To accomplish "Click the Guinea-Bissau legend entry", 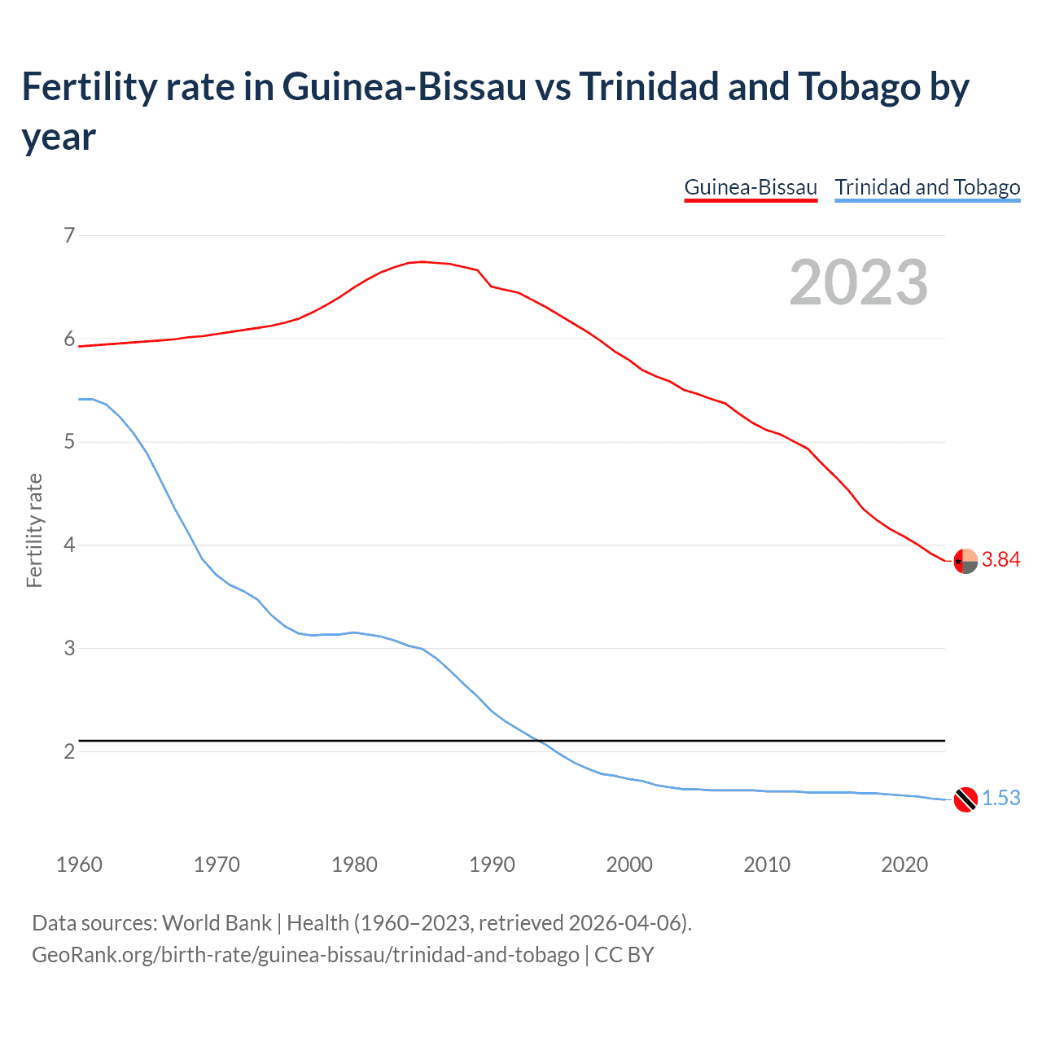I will (x=750, y=187).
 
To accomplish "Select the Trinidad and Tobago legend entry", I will (x=927, y=187).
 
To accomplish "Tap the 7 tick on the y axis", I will (x=69, y=236).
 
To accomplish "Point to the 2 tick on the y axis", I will (x=69, y=751).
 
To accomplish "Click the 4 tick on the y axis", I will (x=69, y=545).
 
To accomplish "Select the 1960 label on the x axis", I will (x=79, y=865).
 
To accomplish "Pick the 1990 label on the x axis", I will (x=492, y=865).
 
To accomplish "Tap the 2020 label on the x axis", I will (x=904, y=865).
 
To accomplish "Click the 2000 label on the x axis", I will (x=629, y=865).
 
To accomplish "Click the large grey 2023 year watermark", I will (x=859, y=282).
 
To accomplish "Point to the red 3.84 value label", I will (x=1000, y=560).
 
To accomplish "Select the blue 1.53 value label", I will (x=1000, y=799).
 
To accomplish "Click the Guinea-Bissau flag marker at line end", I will (x=965, y=561).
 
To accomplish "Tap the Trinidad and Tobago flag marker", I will (x=965, y=799).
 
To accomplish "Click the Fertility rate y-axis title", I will (x=34, y=530).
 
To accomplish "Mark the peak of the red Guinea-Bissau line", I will (x=422, y=261).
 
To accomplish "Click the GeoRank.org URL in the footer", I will (x=305, y=954).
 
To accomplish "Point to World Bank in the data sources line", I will (x=217, y=923).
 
